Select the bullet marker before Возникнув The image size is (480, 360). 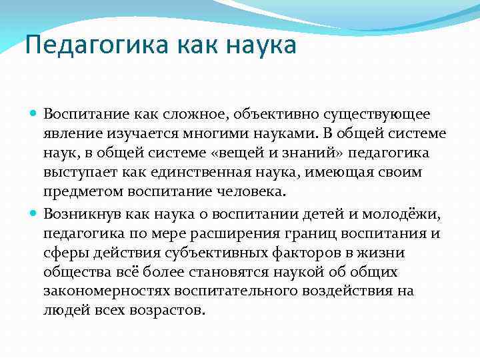(x=35, y=213)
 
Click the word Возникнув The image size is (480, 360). (x=77, y=213)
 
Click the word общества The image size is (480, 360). (x=73, y=272)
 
